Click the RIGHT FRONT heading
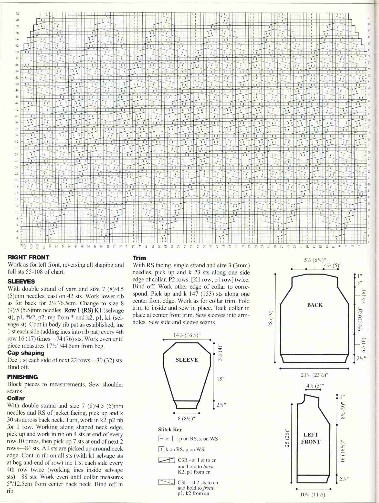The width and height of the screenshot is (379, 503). pos(28,257)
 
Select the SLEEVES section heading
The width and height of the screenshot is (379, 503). pos(21,281)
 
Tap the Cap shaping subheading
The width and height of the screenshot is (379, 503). pos(26,353)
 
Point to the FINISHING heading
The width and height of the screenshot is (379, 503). pos(23,377)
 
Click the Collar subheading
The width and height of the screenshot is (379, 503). pos(16,398)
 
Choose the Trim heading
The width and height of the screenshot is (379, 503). pos(139,258)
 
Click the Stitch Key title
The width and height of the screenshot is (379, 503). pos(170,429)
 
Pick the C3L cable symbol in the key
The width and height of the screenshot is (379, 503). pos(166,482)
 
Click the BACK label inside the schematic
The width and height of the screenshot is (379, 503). pos(315,305)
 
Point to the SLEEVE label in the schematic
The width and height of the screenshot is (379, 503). pos(187,360)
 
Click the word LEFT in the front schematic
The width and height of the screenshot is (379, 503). pos(311,434)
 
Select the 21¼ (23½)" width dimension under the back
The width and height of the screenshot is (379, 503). pos(315,375)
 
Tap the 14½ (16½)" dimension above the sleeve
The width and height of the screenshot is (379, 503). pos(186,335)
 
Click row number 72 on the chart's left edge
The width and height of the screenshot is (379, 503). pos(17,13)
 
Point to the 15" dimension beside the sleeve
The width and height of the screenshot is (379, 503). pos(220,379)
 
